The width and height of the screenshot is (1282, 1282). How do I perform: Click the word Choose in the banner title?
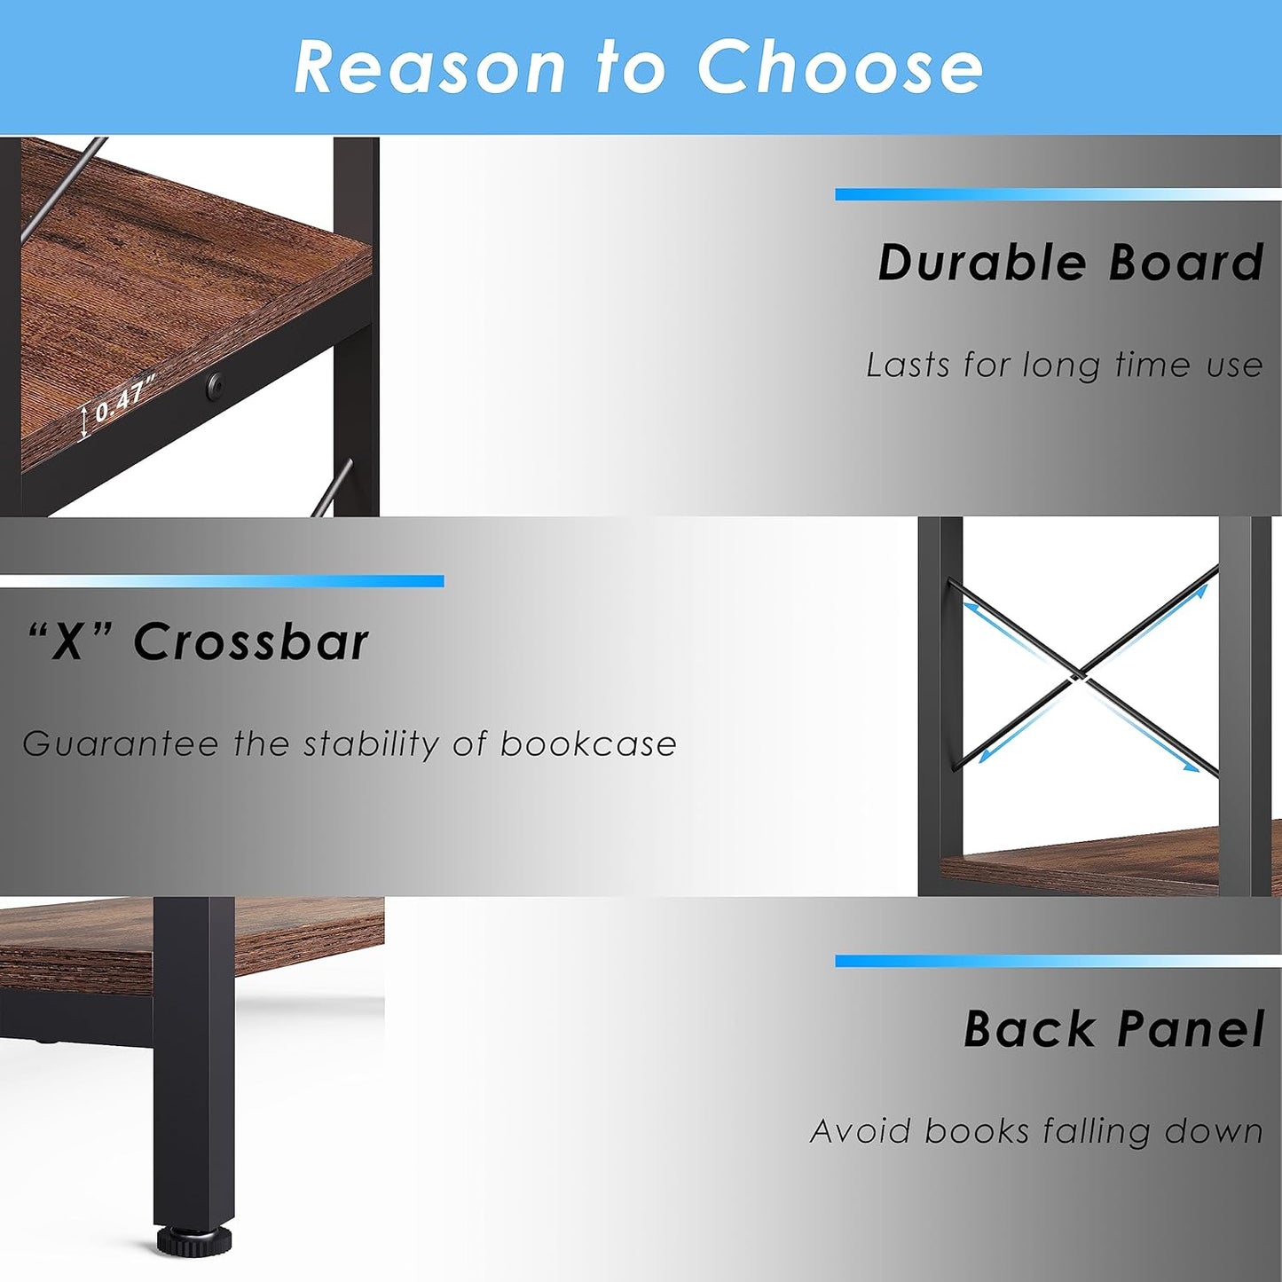pos(839,67)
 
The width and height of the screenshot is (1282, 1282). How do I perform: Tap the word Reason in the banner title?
pos(429,67)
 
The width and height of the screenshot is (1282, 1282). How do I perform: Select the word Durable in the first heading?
pos(982,263)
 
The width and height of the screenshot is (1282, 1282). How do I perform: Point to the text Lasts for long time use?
pos(1064,365)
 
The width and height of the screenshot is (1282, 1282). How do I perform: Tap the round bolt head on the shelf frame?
pos(214,384)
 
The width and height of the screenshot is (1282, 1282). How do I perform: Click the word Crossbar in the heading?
pos(251,641)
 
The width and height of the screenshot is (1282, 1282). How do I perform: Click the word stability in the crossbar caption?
pos(371,744)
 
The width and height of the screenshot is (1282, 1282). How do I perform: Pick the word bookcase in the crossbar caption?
pos(588,743)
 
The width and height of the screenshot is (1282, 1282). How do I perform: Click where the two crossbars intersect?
pos(1080,676)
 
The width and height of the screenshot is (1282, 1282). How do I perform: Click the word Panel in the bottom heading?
pos(1191,1029)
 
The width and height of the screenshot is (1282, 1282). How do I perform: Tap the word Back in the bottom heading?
pos(1030,1029)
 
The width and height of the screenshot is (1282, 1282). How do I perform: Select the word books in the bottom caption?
pos(977,1131)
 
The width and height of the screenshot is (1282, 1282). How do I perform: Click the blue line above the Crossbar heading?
pos(222,581)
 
